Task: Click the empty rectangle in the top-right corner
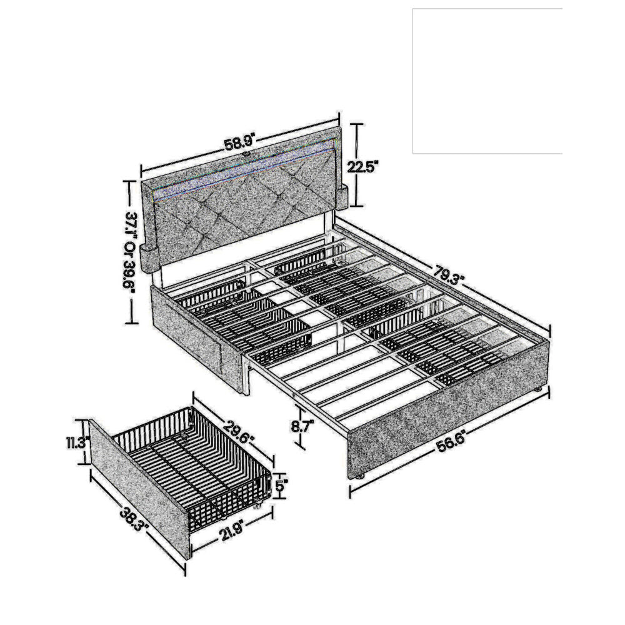click(487, 81)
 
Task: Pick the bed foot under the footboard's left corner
click(359, 477)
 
